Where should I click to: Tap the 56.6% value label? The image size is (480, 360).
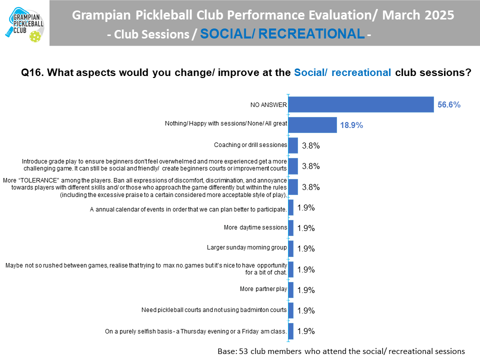[x=448, y=105]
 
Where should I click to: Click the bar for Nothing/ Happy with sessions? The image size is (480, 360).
[x=312, y=125]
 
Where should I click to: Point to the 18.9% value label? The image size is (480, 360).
[x=351, y=125]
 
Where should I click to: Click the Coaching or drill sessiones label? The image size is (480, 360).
[x=250, y=145]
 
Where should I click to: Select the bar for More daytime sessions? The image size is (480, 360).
[x=291, y=228]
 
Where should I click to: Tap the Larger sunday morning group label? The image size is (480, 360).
[x=247, y=248]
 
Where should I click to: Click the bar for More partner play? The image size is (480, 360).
[x=291, y=289]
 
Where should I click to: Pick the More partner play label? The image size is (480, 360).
[x=263, y=289]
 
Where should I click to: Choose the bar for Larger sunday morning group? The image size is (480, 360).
[x=291, y=248]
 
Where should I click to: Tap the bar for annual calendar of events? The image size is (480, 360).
[x=291, y=207]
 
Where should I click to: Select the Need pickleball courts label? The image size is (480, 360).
[x=214, y=310]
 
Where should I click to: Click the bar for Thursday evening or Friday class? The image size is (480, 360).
[x=291, y=330]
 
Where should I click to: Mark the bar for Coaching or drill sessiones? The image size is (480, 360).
[x=293, y=145]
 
